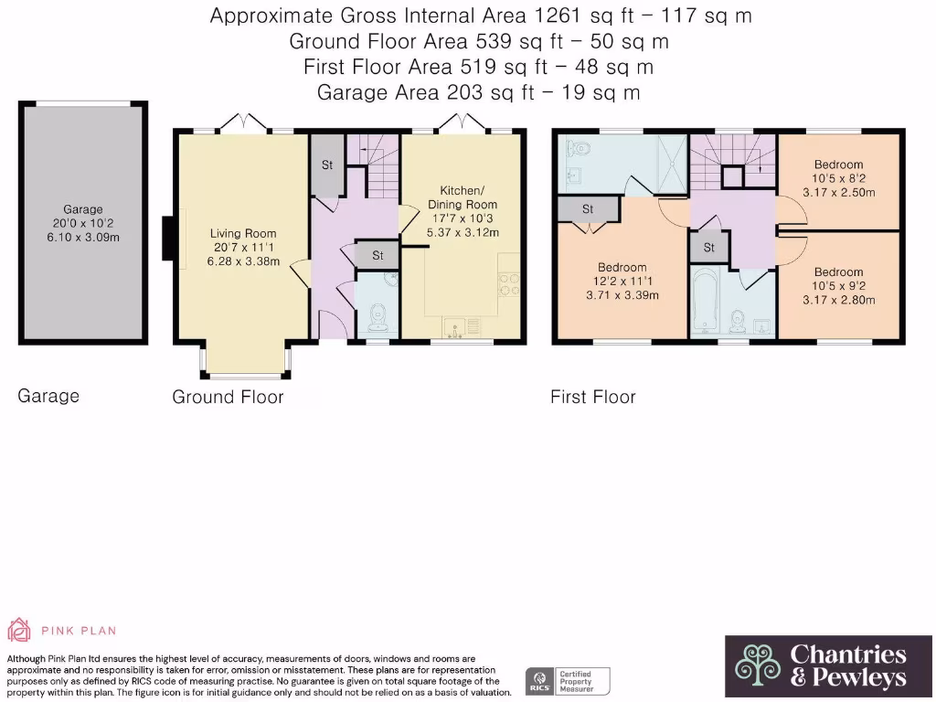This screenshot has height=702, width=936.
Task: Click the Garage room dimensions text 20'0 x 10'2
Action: click(x=83, y=223)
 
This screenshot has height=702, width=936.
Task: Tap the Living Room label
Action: click(x=243, y=233)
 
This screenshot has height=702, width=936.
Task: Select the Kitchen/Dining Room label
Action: click(x=463, y=197)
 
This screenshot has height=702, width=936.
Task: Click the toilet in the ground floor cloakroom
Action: click(x=378, y=317)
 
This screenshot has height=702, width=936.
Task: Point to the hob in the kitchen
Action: click(x=509, y=284)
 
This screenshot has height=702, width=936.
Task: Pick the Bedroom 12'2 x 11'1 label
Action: click(x=622, y=268)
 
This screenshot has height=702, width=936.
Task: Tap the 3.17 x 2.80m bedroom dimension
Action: click(x=839, y=300)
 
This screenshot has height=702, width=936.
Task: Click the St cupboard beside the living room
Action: click(x=327, y=165)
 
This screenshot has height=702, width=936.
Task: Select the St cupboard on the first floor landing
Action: click(x=709, y=247)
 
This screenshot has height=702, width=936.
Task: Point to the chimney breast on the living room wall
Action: click(x=168, y=239)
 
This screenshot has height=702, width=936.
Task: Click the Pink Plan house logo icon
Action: click(x=18, y=630)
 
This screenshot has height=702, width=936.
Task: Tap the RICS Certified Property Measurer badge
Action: click(x=568, y=681)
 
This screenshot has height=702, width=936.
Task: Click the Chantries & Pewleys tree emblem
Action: click(x=758, y=665)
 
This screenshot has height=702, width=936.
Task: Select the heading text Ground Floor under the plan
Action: click(x=228, y=397)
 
